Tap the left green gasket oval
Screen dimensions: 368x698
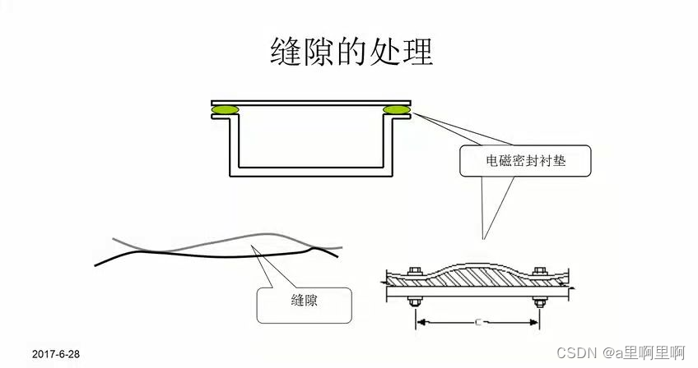click(225, 109)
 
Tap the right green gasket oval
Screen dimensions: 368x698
click(396, 109)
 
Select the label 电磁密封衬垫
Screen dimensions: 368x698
click(525, 161)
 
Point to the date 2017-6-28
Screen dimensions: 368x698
click(56, 354)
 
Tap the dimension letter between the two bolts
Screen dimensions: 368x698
click(477, 322)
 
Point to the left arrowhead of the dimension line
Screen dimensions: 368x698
click(421, 322)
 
